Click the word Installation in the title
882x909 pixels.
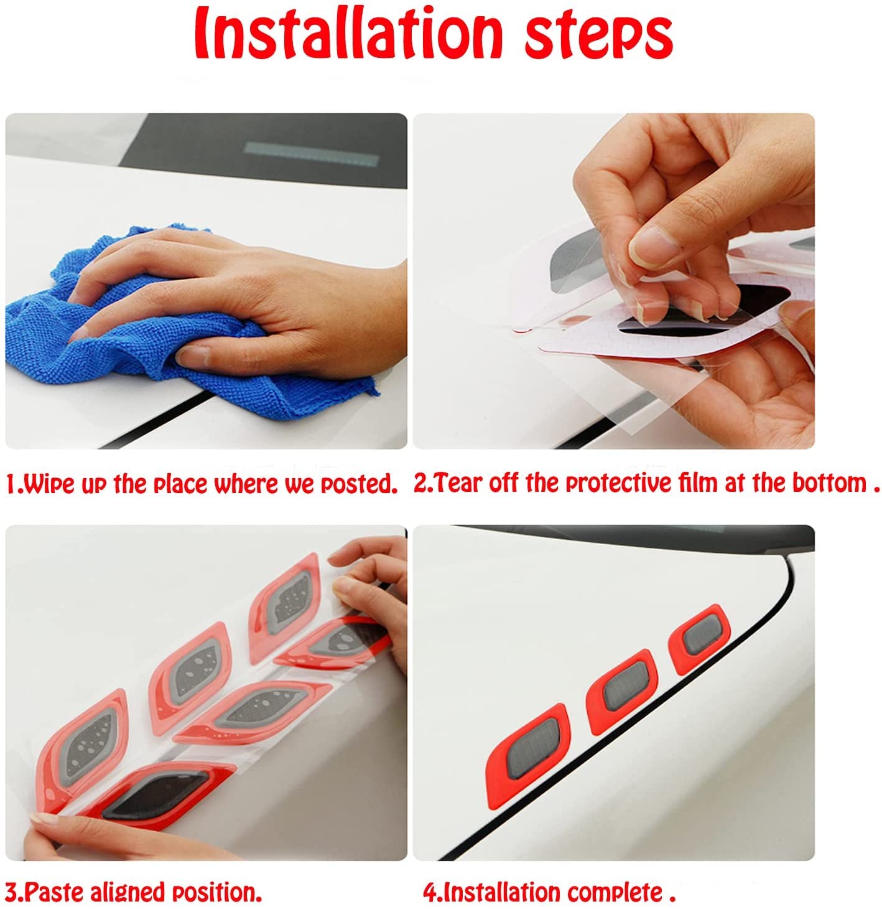click(348, 34)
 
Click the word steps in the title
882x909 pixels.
click(599, 37)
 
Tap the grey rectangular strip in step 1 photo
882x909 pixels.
click(312, 154)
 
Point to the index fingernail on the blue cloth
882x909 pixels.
click(192, 356)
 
